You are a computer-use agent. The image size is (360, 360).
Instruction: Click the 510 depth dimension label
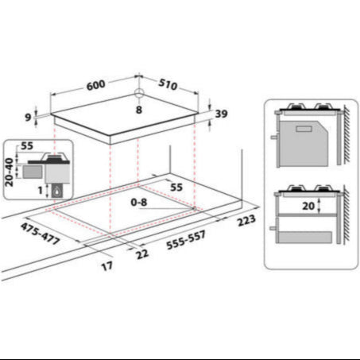(168, 85)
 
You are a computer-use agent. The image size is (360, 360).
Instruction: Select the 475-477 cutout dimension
(40, 234)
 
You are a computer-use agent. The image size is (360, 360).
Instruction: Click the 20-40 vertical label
(10, 169)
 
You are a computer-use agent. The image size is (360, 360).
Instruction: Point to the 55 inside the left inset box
(27, 147)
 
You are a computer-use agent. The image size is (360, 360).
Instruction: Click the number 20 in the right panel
(308, 204)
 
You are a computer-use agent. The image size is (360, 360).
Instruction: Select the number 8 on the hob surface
(139, 110)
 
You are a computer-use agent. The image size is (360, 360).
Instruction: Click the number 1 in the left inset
(39, 191)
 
